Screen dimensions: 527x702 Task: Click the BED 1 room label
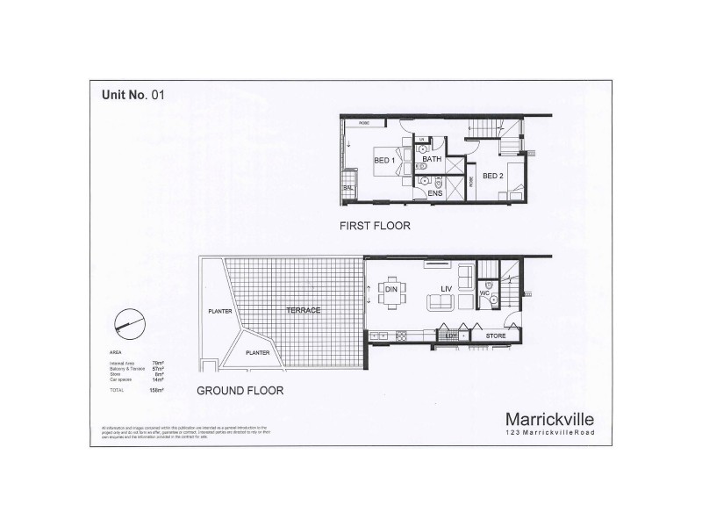coord(384,161)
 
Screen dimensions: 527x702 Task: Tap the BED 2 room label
coord(493,175)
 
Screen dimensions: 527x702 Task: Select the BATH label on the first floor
coord(432,159)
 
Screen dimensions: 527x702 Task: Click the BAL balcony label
coord(348,188)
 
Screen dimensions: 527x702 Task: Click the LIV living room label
coord(446,286)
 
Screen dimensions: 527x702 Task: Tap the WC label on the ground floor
coord(484,292)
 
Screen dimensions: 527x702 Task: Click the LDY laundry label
coord(451,336)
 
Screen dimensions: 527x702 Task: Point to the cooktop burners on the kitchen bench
coord(402,335)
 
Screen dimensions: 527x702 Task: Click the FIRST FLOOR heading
coord(375,226)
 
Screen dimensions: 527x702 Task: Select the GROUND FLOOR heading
coord(240,391)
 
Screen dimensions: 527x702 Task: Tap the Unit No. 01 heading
coord(127,96)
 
